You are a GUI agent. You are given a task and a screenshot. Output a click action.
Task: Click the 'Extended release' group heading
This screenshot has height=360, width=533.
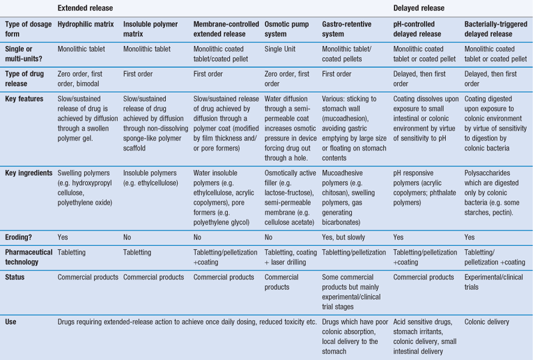click(85, 9)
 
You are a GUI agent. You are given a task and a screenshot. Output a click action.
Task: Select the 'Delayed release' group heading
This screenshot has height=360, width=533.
click(418, 9)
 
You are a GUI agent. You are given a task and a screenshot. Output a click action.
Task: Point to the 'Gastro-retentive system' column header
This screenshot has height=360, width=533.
click(348, 29)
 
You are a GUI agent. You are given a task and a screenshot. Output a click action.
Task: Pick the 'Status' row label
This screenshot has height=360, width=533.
click(15, 277)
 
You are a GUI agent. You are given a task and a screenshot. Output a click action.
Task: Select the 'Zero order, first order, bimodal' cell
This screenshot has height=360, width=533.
click(87, 75)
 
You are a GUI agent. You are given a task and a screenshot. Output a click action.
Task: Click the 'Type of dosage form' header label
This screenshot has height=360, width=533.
click(27, 29)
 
